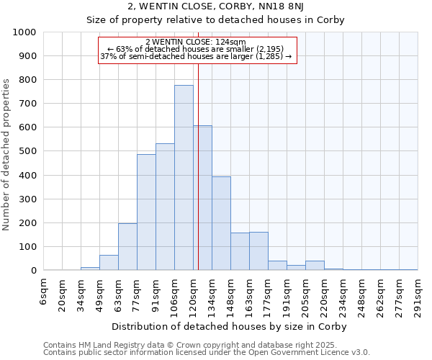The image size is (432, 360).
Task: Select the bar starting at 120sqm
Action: coord(202,198)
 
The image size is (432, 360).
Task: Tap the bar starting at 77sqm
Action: coord(146,212)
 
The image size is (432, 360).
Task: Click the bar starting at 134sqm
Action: coord(221,223)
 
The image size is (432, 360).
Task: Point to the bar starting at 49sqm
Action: coord(109,263)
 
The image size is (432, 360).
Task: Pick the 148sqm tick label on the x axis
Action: coord(231,297)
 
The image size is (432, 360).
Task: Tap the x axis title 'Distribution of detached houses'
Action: coord(230,326)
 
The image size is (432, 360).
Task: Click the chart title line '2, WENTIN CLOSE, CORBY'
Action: coord(215,6)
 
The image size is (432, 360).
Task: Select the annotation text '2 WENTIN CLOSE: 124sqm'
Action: coord(197,42)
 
